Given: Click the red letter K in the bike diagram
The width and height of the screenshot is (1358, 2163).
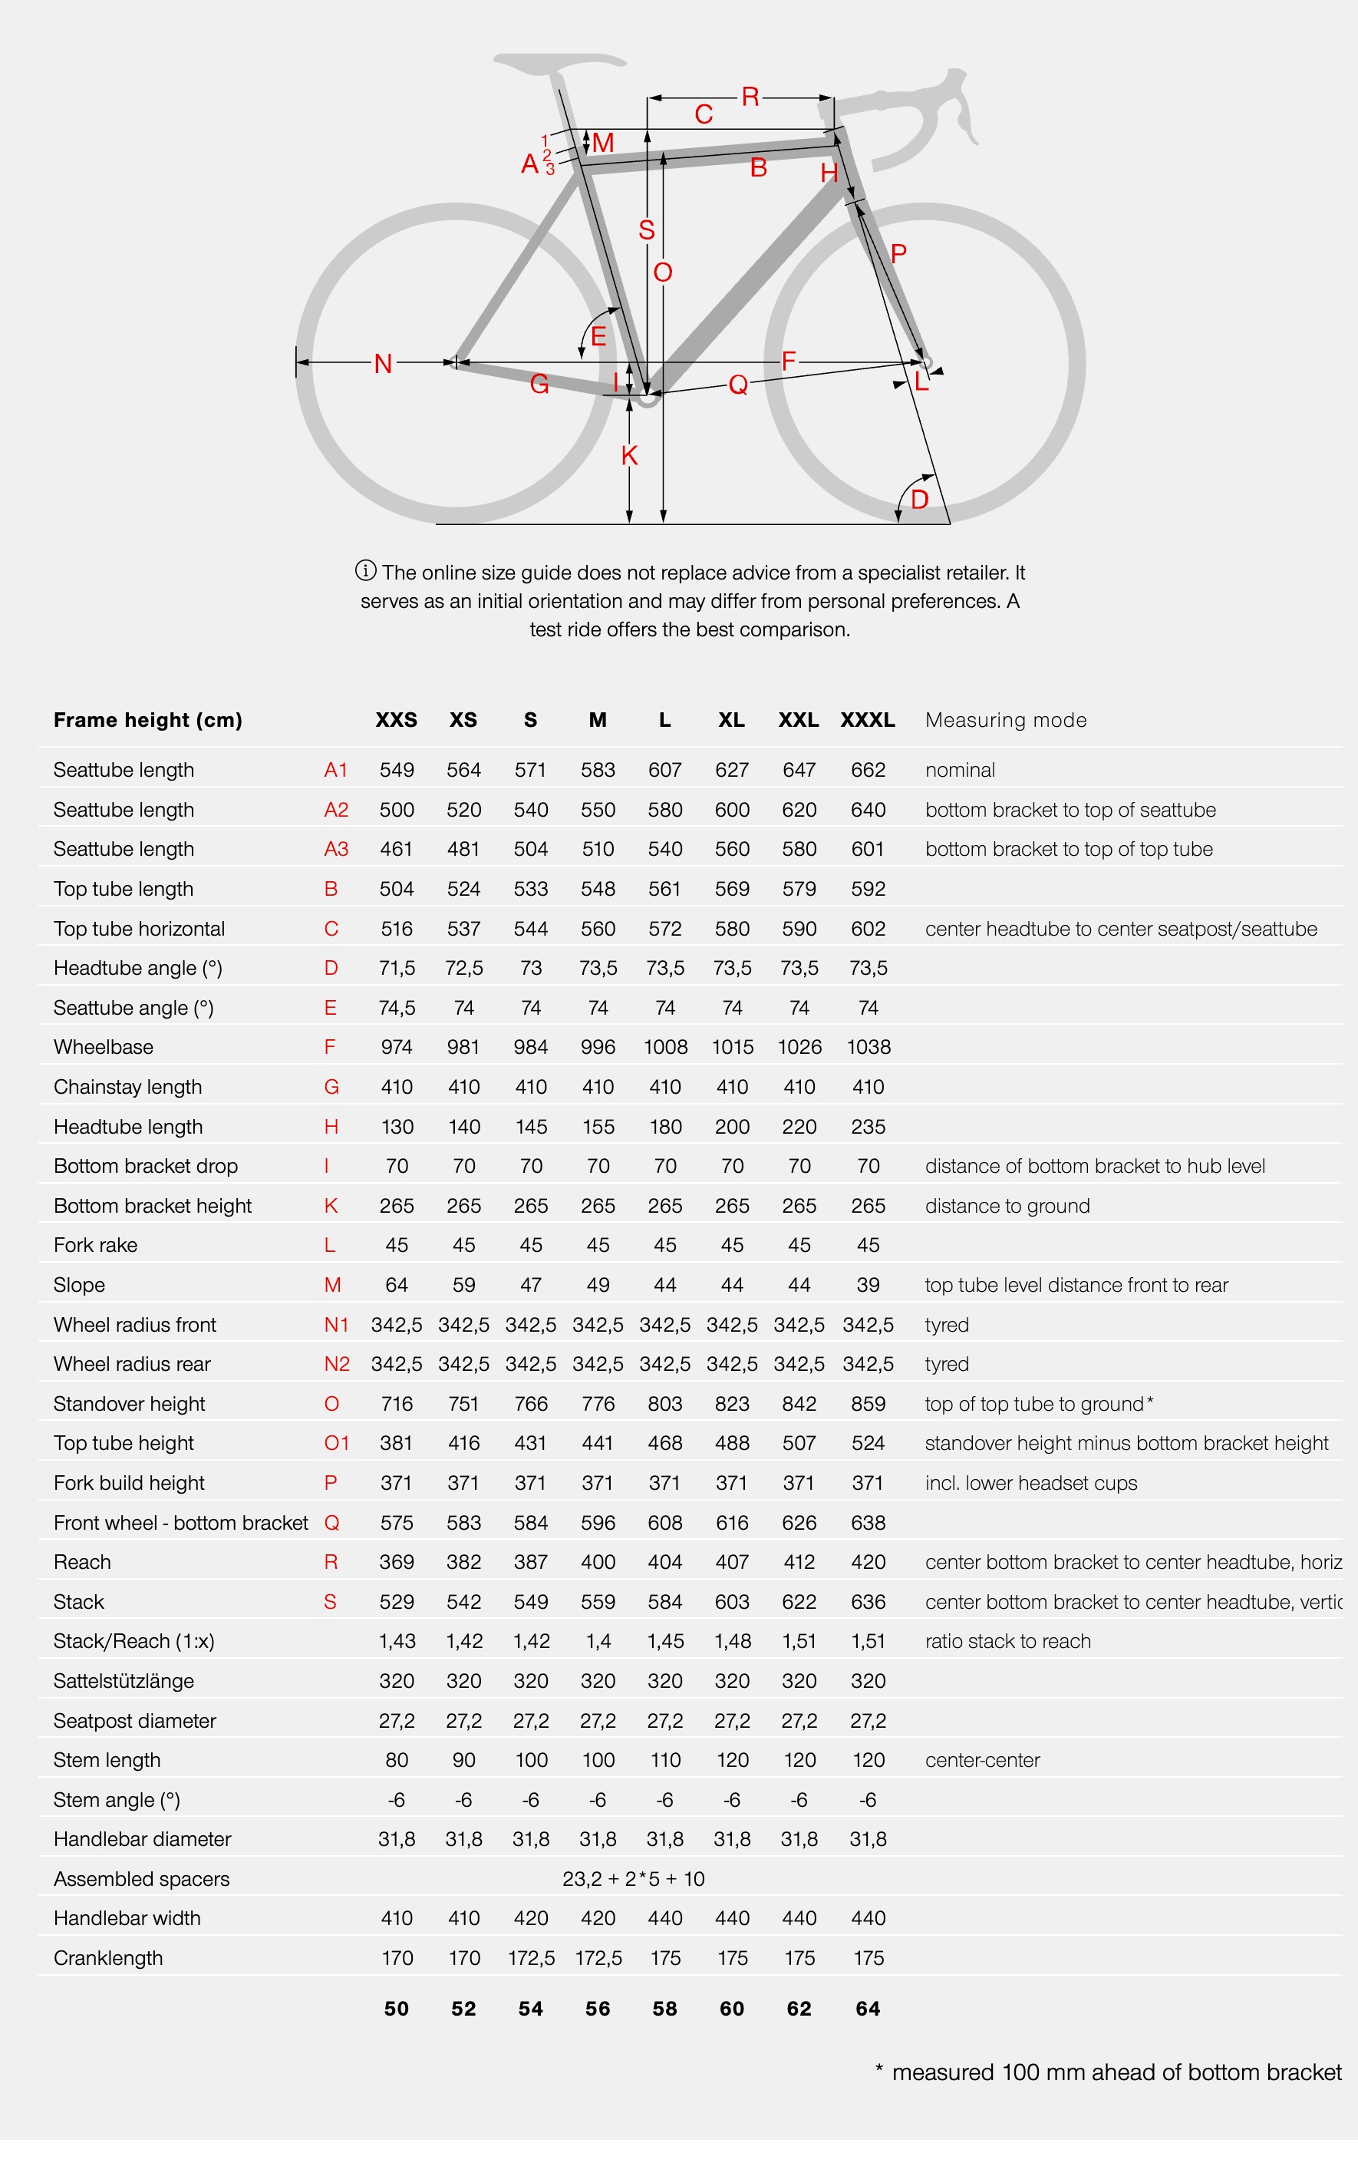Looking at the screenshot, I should (630, 455).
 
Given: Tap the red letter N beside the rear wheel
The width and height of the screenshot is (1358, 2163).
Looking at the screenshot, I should (383, 364).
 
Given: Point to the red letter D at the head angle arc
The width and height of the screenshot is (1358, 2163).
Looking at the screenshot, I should (919, 500).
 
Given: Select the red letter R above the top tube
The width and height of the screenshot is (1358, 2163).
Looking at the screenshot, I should (750, 97).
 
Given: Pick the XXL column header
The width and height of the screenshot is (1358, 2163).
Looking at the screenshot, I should (799, 719).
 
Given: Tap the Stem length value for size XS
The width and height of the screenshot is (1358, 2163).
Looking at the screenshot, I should (463, 1760).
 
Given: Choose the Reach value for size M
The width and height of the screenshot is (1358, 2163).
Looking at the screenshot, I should (597, 1562).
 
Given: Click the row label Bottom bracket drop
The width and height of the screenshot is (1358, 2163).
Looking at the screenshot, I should (146, 1166).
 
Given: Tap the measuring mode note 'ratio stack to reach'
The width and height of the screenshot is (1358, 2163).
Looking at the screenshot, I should (1007, 1641).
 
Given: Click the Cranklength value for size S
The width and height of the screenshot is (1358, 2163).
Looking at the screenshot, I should (531, 1958).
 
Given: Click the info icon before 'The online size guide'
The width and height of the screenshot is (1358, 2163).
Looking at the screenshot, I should (365, 570).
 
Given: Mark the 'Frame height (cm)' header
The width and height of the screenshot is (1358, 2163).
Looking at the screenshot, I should (148, 719).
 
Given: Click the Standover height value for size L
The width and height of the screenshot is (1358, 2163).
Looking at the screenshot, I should (664, 1404).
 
